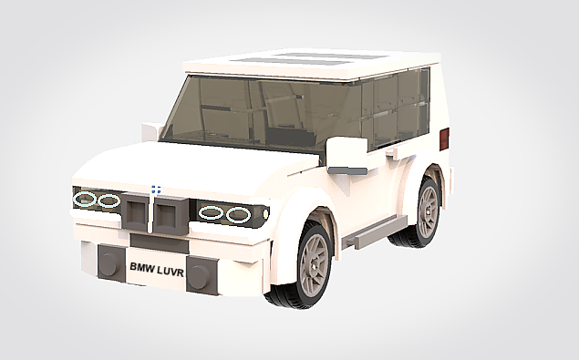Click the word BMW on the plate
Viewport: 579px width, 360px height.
[141, 268]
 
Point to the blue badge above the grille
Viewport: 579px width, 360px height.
[156, 190]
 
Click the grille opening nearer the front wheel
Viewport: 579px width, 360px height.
[168, 216]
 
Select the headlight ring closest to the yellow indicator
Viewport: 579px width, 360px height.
[239, 215]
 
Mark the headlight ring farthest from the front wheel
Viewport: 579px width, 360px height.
[86, 199]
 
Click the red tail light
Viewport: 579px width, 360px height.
[444, 139]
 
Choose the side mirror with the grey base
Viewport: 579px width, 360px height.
[346, 157]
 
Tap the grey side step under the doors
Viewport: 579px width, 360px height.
[375, 232]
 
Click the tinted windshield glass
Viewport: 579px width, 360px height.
[246, 114]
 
